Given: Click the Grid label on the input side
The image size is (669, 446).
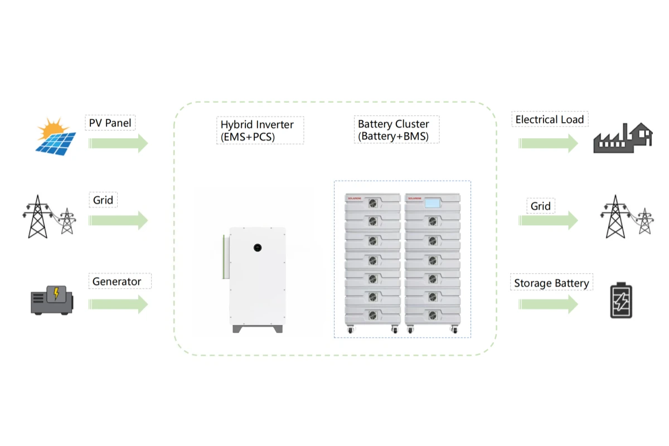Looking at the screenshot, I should coord(103,200).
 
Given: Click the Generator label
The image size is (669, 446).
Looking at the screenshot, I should coord(117,282).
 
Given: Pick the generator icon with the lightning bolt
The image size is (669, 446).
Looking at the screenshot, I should coord(52,300).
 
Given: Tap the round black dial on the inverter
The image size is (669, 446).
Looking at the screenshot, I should coord(257,247).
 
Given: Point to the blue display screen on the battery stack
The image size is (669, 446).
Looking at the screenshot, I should coord(433,203).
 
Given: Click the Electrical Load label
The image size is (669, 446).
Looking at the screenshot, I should coord(549,119).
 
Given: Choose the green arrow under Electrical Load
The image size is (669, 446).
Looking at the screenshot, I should coord(548,143).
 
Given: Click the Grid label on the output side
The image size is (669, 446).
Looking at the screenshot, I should coord(540,206).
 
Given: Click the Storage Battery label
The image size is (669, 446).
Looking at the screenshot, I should coord(551,283).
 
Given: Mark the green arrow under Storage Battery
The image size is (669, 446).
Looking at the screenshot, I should coord(548,304).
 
